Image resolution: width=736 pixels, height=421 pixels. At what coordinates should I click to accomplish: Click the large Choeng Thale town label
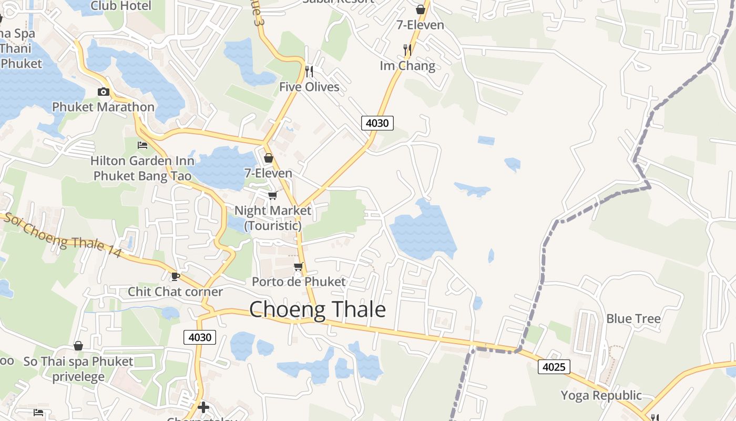[318, 309]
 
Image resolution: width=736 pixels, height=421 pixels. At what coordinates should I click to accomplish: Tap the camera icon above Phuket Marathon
[104, 92]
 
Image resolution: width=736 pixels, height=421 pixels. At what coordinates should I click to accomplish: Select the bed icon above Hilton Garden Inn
[142, 145]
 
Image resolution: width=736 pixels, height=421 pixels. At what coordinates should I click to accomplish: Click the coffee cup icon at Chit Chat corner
[176, 276]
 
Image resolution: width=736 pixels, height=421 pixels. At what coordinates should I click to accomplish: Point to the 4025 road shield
[554, 366]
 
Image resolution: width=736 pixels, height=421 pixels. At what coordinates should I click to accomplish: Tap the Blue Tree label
[633, 318]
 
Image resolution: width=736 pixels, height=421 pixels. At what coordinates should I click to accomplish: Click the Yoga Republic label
[601, 395]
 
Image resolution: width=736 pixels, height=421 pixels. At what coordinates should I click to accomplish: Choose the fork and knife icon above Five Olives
[309, 71]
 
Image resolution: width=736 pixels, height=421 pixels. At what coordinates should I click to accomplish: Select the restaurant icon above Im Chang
[407, 50]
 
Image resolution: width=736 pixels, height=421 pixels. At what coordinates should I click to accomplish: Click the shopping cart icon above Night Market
[272, 195]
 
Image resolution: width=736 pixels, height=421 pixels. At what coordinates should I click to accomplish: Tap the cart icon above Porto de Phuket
[299, 266]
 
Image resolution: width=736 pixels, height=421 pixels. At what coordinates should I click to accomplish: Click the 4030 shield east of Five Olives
[377, 123]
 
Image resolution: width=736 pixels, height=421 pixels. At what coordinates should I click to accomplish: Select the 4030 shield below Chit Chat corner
[200, 337]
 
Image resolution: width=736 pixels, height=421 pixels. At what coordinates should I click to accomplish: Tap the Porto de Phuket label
[299, 282]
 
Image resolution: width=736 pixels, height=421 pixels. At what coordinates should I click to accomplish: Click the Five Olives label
[309, 87]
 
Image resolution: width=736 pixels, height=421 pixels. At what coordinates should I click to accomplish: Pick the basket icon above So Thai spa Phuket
[78, 346]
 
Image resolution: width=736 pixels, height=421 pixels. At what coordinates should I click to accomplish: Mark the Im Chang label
[407, 66]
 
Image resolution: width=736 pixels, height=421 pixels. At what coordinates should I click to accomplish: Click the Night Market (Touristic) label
[272, 218]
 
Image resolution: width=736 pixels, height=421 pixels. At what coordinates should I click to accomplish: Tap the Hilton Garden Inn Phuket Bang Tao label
[142, 168]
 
